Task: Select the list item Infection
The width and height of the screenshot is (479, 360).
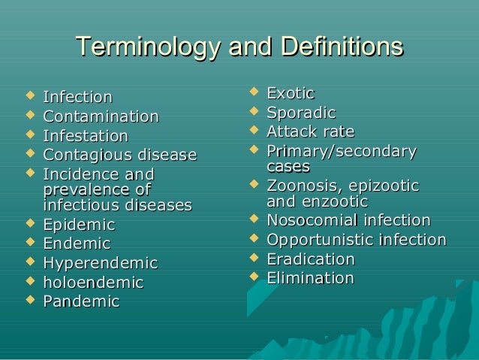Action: tap(77, 97)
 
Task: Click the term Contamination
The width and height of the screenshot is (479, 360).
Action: tap(101, 116)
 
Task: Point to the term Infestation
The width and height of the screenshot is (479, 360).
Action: tap(86, 136)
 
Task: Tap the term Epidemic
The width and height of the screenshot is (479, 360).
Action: tap(79, 225)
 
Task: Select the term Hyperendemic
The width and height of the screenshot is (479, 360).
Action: tap(101, 263)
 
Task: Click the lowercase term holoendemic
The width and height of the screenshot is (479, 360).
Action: tap(93, 283)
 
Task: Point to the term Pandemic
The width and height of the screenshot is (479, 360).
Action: tap(81, 301)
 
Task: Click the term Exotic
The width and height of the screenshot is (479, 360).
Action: tap(290, 93)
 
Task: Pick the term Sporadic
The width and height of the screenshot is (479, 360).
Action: tap(301, 113)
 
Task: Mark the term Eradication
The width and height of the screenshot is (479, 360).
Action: tap(311, 259)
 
